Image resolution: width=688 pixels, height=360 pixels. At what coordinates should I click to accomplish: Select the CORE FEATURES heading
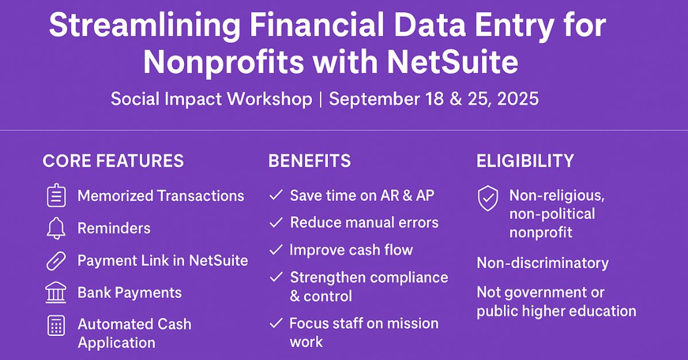(x=113, y=161)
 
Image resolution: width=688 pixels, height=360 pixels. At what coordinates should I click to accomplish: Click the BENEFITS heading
(x=309, y=161)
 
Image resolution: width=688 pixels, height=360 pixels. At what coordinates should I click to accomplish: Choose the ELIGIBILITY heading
(x=525, y=161)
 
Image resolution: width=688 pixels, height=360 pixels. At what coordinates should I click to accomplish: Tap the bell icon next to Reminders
(x=56, y=229)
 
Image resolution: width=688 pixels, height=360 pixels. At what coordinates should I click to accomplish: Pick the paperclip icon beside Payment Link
(x=56, y=261)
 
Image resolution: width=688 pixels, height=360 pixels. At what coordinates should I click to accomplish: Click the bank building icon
(x=56, y=293)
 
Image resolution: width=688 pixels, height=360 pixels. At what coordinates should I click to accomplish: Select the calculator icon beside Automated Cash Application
(x=56, y=326)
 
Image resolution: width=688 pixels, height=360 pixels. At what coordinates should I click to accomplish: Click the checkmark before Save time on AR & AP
(x=276, y=195)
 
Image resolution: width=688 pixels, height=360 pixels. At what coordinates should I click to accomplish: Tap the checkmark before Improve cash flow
(x=276, y=250)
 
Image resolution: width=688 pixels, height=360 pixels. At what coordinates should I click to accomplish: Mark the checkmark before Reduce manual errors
(x=276, y=222)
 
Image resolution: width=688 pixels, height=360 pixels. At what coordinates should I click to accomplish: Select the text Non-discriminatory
(x=542, y=263)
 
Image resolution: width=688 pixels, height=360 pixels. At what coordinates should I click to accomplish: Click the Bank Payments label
(x=130, y=293)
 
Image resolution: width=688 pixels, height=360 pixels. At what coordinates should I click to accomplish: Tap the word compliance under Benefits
(x=409, y=277)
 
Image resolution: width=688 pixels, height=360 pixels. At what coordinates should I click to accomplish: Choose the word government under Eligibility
(x=546, y=292)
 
